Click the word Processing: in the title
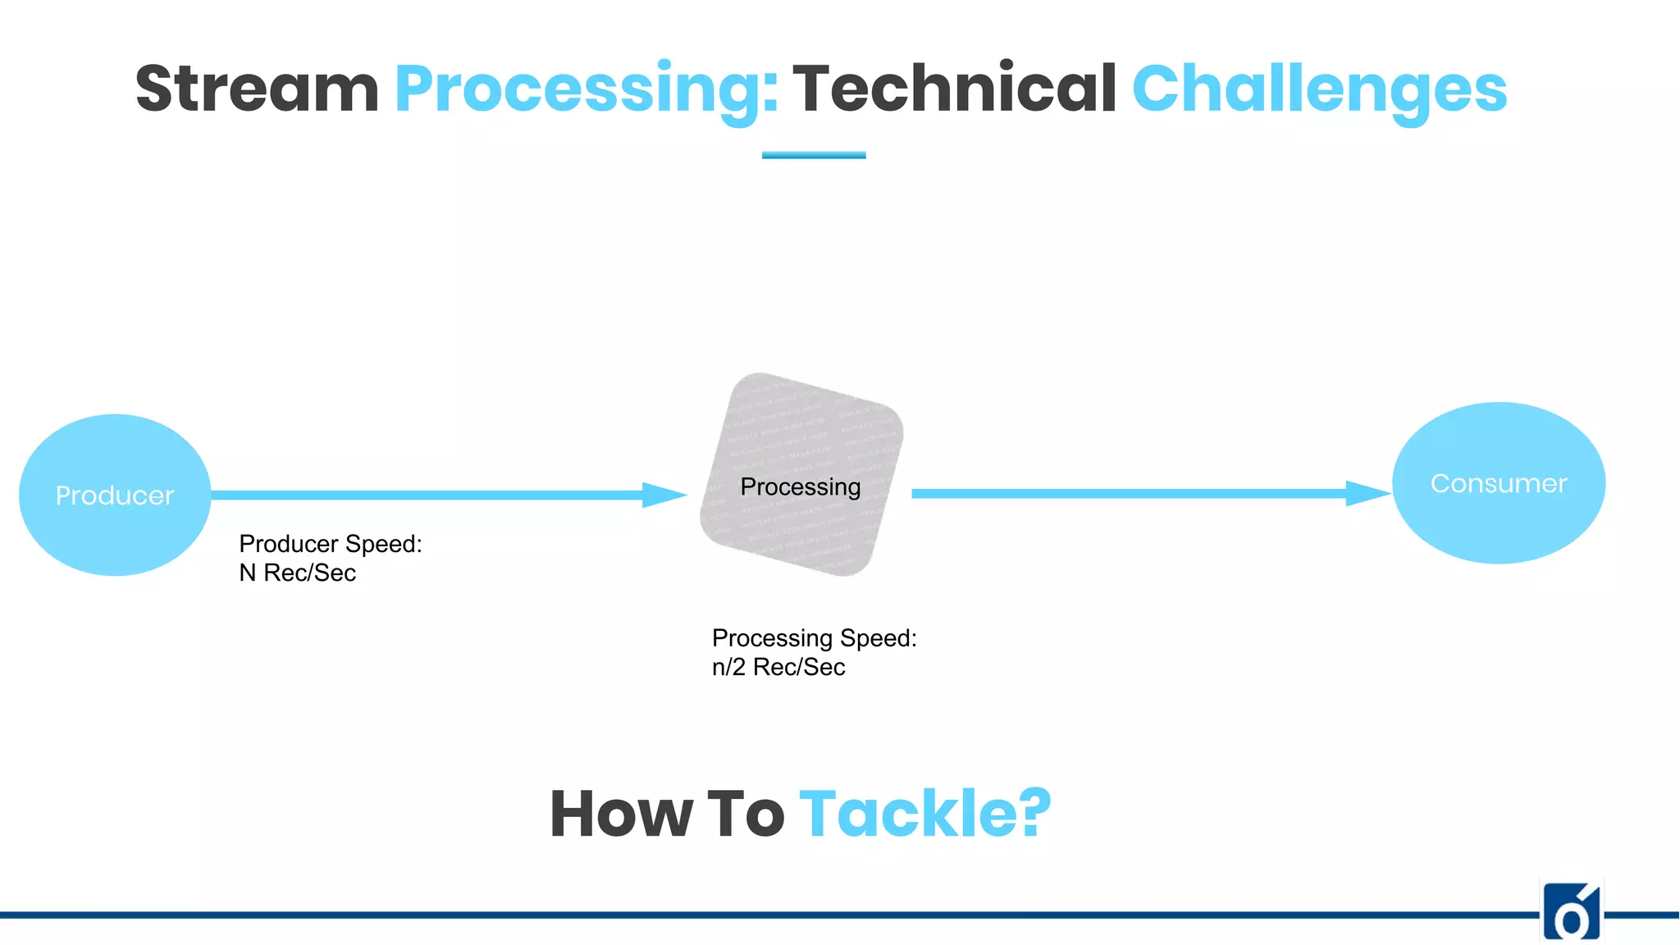click(x=586, y=90)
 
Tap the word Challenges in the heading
click(x=1319, y=90)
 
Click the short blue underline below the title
click(x=813, y=154)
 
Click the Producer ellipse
click(x=115, y=495)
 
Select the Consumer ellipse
click(x=1498, y=483)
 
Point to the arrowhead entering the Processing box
click(x=664, y=495)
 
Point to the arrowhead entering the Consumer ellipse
click(x=1367, y=493)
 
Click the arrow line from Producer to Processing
click(x=427, y=495)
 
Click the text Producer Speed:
click(x=331, y=544)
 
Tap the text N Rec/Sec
click(x=297, y=573)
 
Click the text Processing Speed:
click(x=814, y=638)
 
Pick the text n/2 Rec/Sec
click(x=778, y=667)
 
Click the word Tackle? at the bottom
click(x=924, y=814)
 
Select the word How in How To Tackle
click(x=621, y=814)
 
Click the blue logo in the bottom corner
click(x=1571, y=912)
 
